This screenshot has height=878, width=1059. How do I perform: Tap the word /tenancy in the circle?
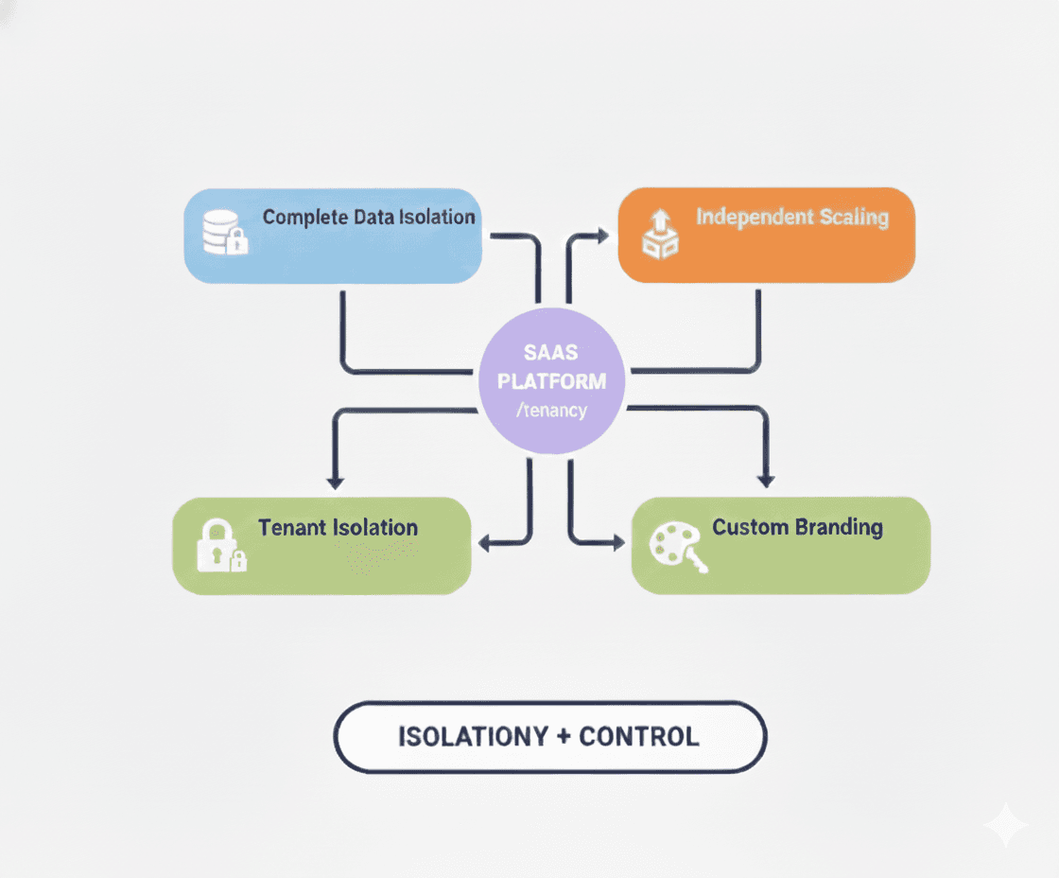(551, 411)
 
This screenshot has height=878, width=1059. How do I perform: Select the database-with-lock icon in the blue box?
(225, 232)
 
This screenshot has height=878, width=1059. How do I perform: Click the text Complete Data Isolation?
(369, 217)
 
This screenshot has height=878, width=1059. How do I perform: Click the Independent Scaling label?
(792, 217)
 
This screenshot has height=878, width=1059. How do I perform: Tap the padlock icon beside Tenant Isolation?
(219, 545)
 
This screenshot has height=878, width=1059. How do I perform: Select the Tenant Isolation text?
(338, 527)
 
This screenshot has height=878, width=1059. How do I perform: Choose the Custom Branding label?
(797, 527)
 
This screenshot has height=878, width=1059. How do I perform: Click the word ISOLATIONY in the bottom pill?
(470, 736)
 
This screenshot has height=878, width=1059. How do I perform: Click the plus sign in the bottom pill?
(563, 736)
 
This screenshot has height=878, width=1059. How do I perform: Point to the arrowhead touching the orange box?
(602, 231)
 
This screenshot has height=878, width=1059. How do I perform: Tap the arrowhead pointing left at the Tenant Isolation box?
(485, 543)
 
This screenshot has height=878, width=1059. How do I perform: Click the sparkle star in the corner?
(1005, 825)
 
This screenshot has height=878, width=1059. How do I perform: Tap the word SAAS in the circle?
(551, 354)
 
